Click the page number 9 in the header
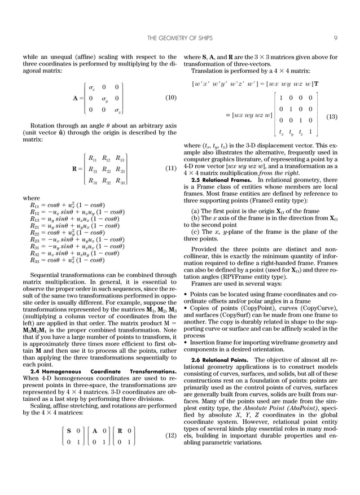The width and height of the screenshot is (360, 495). [x=335, y=38]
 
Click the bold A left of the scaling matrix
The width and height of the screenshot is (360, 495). [x=75, y=98]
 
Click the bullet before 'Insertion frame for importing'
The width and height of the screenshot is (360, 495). [x=186, y=342]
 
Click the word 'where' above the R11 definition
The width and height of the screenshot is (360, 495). [x=30, y=199]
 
